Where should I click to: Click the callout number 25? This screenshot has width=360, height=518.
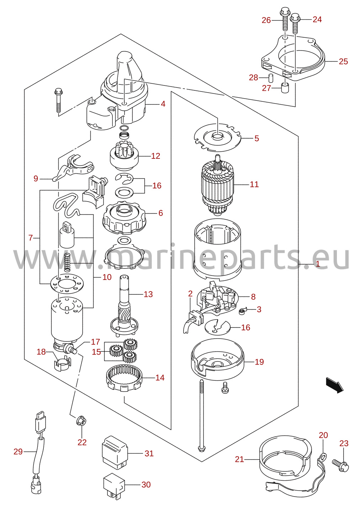pos(343,61)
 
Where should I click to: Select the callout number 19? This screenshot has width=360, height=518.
pos(259,362)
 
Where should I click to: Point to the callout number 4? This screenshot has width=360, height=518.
pos(163,104)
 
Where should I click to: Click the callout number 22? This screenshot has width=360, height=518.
pos(82,442)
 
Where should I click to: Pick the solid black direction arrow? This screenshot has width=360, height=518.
pos(335,385)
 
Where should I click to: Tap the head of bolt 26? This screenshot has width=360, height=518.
pos(285,11)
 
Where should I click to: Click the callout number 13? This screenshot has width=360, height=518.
pos(148,294)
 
